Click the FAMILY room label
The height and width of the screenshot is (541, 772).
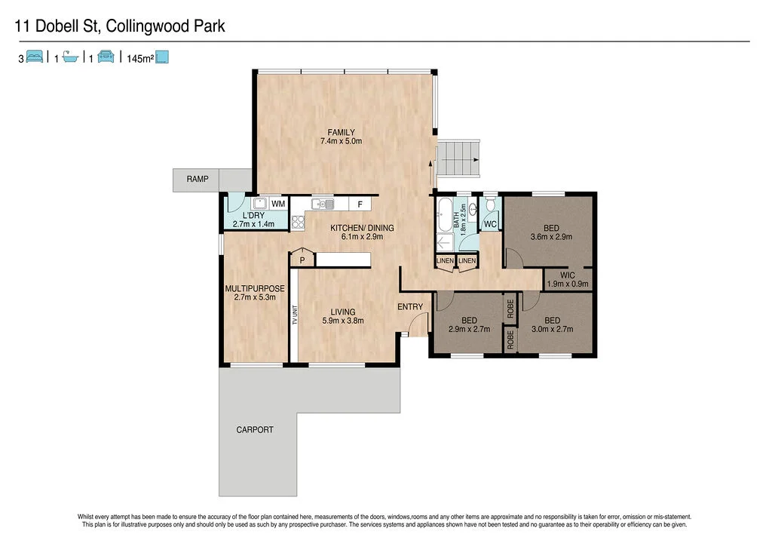pyautogui.click(x=341, y=133)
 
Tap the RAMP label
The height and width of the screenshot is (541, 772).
pyautogui.click(x=197, y=180)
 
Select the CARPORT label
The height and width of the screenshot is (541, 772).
pyautogui.click(x=255, y=430)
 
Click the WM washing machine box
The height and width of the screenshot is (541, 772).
pyautogui.click(x=278, y=204)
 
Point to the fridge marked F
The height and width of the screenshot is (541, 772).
pyautogui.click(x=360, y=204)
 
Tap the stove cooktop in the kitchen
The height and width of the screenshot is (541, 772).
pyautogui.click(x=298, y=222)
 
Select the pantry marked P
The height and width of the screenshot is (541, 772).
pyautogui.click(x=302, y=260)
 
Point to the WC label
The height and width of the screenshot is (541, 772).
pyautogui.click(x=490, y=224)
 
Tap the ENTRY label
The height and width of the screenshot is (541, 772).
pyautogui.click(x=411, y=306)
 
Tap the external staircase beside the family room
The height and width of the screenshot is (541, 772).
pyautogui.click(x=459, y=158)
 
